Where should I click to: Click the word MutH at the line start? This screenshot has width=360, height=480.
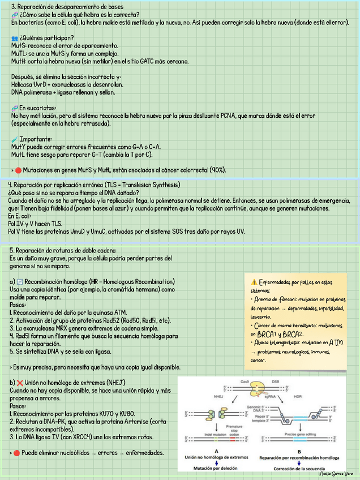(x=19, y=61)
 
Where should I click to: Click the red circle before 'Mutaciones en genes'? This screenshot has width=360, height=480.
(x=18, y=170)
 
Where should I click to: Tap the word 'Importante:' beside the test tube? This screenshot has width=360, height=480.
(x=35, y=139)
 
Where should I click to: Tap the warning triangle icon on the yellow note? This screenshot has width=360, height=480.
(x=253, y=282)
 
